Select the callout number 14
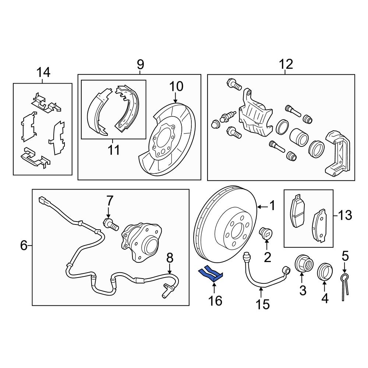(x=43, y=72)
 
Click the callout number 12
(x=286, y=64)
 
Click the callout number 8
(x=169, y=258)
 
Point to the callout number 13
(x=345, y=215)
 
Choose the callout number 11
(x=114, y=150)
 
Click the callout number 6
(x=24, y=245)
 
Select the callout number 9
(x=140, y=65)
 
